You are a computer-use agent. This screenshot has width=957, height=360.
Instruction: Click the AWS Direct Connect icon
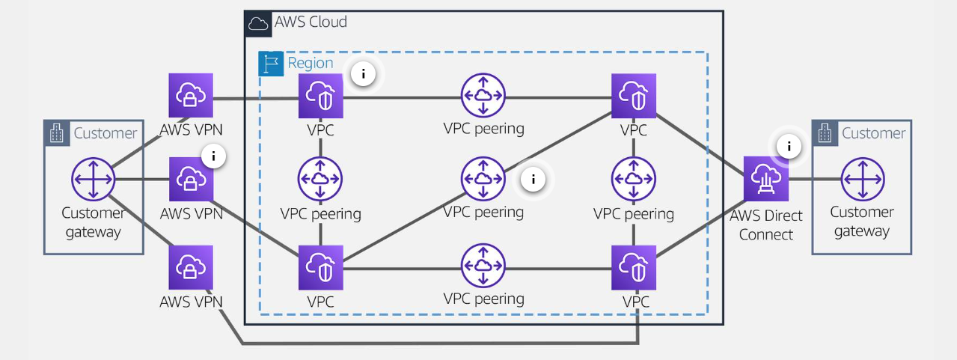pyautogui.click(x=767, y=179)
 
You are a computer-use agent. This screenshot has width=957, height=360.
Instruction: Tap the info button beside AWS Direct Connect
pyautogui.click(x=789, y=147)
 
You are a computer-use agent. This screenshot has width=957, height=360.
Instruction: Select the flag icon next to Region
pyautogui.click(x=270, y=64)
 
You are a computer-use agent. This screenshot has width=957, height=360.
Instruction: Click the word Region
pyautogui.click(x=311, y=64)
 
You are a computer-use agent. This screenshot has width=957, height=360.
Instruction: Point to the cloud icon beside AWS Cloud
pyautogui.click(x=258, y=23)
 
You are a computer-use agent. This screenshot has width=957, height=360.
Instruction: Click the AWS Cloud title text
pyautogui.click(x=311, y=22)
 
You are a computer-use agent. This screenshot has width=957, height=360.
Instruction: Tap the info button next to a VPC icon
pyautogui.click(x=364, y=74)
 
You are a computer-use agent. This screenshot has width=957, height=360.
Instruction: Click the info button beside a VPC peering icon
pyautogui.click(x=533, y=179)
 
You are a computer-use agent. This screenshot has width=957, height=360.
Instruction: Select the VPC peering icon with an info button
pyautogui.click(x=483, y=179)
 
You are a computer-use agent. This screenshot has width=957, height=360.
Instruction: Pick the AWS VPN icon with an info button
pyautogui.click(x=191, y=180)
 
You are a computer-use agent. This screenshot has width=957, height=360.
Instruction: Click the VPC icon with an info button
pyautogui.click(x=320, y=96)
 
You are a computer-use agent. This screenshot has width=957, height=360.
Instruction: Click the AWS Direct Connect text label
pyautogui.click(x=767, y=225)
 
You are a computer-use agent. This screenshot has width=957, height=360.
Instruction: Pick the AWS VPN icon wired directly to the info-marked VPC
pyautogui.click(x=191, y=96)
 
